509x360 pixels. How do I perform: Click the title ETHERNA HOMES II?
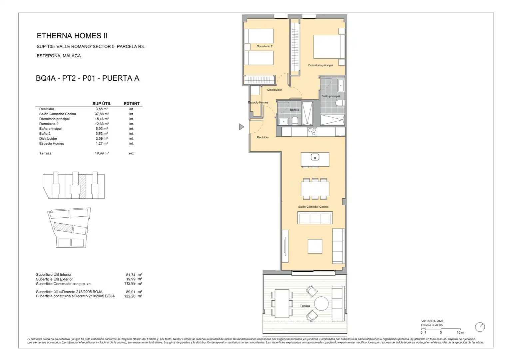(x=72, y=36)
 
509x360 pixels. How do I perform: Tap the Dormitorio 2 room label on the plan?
(x=264, y=46)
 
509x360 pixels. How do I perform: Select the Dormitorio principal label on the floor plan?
(x=321, y=65)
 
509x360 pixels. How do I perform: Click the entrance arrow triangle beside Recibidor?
(x=241, y=127)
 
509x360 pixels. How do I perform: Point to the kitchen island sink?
(x=315, y=157)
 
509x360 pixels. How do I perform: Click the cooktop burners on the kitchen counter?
(x=312, y=132)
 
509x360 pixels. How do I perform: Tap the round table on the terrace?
(x=321, y=304)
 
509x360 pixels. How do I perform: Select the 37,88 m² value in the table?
(x=102, y=114)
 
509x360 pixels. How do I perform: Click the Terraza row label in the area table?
(x=45, y=153)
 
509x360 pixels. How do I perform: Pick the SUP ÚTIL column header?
(x=102, y=104)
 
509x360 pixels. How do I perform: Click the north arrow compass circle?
(x=480, y=327)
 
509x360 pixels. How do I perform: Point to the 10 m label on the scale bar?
(x=460, y=332)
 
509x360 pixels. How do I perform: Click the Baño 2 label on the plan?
(x=294, y=110)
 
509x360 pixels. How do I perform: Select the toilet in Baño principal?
(x=340, y=103)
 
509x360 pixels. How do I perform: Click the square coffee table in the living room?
(x=315, y=246)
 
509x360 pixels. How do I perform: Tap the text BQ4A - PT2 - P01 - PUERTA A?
(x=88, y=78)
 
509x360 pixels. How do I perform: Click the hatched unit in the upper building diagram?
(x=82, y=186)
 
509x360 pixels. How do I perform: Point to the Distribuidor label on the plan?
(x=274, y=90)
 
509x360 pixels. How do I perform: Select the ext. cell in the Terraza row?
(x=132, y=153)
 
